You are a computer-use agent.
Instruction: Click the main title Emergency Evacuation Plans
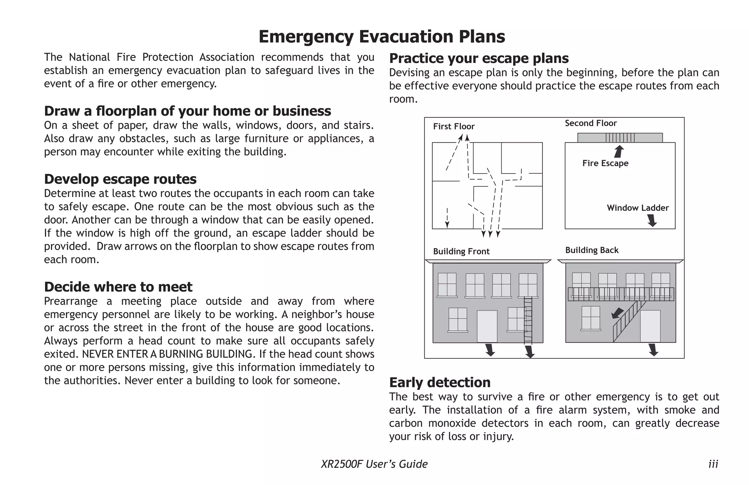coord(381,37)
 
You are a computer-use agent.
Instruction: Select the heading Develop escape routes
coord(120,179)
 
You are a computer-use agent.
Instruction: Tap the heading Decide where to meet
coord(118,287)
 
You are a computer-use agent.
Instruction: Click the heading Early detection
coord(440,382)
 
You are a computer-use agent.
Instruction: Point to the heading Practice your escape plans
coord(479,58)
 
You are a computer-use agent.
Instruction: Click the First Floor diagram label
coord(453,127)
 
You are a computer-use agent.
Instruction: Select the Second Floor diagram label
coord(591,123)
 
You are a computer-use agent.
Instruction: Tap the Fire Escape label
coord(605,163)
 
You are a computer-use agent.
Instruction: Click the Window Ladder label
coord(637,208)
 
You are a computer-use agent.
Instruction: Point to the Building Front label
coord(461,251)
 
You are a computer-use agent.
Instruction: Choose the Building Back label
coord(592,250)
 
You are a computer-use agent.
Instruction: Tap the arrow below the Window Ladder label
coord(652,220)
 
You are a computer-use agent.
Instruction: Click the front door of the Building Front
coord(487,326)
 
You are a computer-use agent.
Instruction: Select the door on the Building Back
coord(650,326)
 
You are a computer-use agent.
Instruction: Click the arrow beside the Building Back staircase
coord(617,313)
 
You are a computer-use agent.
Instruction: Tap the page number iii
coord(713,464)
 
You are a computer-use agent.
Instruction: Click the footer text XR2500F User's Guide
coord(374,464)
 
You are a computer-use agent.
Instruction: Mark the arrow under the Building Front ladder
coord(529,352)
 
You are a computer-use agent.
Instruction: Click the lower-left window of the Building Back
coord(591,318)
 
